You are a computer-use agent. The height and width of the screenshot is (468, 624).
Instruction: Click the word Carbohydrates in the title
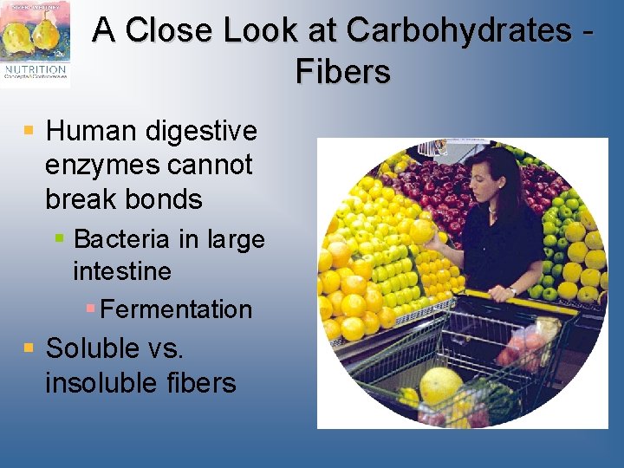pos(458,30)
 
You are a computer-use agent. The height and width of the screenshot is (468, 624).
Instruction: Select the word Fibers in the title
pos(342,71)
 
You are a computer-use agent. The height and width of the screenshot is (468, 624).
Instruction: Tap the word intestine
pos(122,271)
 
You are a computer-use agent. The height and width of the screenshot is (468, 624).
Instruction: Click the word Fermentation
pos(176,309)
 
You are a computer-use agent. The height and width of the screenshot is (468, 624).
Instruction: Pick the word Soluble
pos(93,348)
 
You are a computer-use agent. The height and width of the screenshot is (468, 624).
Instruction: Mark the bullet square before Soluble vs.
pos(29,348)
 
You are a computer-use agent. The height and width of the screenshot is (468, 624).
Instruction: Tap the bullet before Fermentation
pos(91,309)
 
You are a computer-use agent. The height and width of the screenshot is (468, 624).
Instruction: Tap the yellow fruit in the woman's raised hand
pos(423,231)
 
